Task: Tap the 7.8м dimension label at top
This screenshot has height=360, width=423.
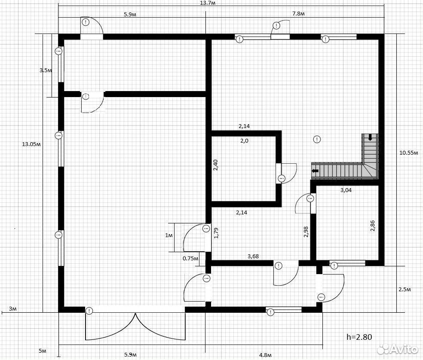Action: tap(298, 14)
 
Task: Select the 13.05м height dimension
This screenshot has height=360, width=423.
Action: tap(31, 144)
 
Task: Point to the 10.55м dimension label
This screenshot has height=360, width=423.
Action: tap(409, 153)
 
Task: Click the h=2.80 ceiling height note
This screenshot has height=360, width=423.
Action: tap(359, 337)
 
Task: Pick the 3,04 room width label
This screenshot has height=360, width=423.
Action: tap(346, 190)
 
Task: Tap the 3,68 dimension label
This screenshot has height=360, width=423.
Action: tap(253, 256)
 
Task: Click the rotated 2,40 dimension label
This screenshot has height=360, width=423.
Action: tap(215, 165)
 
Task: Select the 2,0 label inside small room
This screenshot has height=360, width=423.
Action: tap(244, 141)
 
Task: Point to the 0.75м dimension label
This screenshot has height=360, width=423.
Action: tap(190, 258)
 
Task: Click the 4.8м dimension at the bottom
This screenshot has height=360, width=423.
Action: tap(265, 355)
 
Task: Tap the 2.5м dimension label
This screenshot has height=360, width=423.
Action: tap(405, 290)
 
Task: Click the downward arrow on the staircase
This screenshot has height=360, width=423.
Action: tap(370, 137)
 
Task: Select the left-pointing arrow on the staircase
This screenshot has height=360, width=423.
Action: tap(315, 171)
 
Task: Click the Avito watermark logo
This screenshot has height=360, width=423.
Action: tap(397, 350)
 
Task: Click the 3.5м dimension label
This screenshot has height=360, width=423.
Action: tap(46, 70)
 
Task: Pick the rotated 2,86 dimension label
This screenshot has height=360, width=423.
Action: tap(373, 226)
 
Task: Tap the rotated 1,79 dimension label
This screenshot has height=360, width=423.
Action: tap(216, 233)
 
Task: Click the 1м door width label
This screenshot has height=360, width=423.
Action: tap(169, 235)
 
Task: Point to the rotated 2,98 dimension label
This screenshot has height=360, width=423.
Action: tap(306, 232)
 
